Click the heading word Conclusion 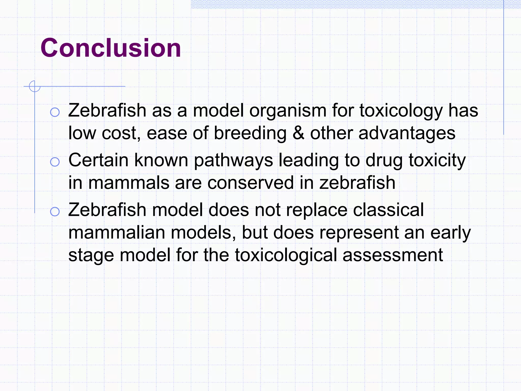pyautogui.click(x=111, y=48)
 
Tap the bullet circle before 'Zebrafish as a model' pyautogui.click(x=55, y=112)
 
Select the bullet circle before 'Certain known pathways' pyautogui.click(x=55, y=162)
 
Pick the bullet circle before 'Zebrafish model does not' pyautogui.click(x=55, y=212)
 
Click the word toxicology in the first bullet pyautogui.click(x=401, y=111)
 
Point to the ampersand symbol pyautogui.click(x=298, y=133)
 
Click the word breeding pyautogui.click(x=250, y=133)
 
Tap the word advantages pyautogui.click(x=407, y=133)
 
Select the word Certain pyautogui.click(x=98, y=160)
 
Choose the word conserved pyautogui.click(x=251, y=183)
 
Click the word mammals pyautogui.click(x=129, y=183)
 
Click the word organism pyautogui.click(x=288, y=111)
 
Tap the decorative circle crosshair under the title pyautogui.click(x=35, y=86)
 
